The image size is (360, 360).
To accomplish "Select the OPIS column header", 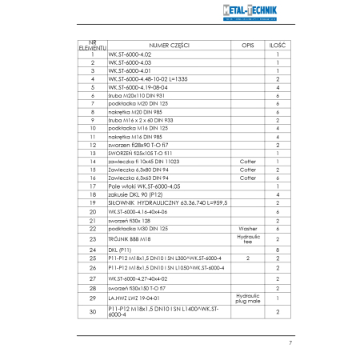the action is pos(248,46).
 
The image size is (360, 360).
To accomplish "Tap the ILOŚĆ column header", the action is pos(277,46).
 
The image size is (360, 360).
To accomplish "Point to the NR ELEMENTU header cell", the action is pos(93,46).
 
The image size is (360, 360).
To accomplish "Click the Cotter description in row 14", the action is pos(248,161).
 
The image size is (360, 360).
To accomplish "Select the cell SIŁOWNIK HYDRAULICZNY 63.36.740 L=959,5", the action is pos(161,202).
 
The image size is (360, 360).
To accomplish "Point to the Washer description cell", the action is pos(248,228).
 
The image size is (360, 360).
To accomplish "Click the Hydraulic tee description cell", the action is pos(248,238).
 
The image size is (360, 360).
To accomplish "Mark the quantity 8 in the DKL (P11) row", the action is pos(277,249).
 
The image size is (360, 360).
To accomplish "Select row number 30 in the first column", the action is pos(93,311).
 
